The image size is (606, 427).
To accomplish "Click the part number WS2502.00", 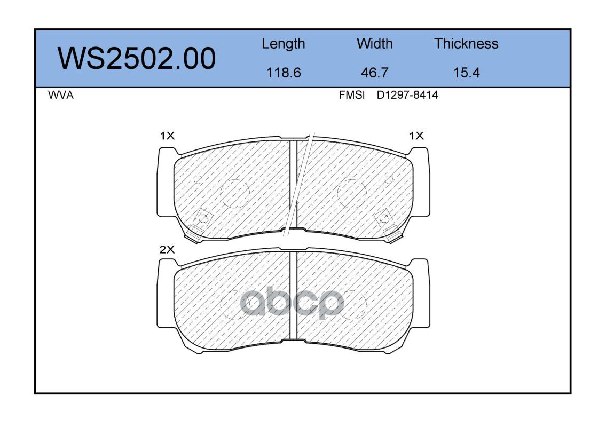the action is click(137, 59).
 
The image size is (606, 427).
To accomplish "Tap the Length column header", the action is click(284, 44).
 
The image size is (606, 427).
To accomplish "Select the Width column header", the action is click(374, 43).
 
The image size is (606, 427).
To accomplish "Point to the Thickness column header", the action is click(466, 43).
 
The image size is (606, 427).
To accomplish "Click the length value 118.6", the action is click(284, 73).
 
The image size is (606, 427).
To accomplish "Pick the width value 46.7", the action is click(374, 73).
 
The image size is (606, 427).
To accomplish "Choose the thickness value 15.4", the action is click(466, 73).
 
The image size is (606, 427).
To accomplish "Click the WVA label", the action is click(61, 95).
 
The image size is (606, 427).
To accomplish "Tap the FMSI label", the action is click(352, 95).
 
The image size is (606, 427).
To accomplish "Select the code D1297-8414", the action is click(407, 95).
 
